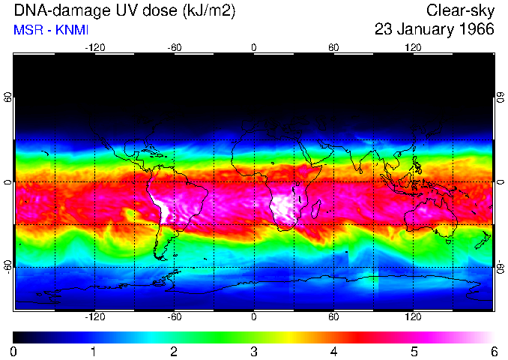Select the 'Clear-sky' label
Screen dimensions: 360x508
460,11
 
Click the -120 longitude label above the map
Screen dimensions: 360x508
94,47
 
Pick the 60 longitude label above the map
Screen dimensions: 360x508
333,47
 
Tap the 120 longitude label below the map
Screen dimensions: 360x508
413,317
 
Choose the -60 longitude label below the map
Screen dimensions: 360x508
174,317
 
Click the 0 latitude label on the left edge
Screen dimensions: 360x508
7,182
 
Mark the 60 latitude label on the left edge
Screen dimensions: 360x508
7,98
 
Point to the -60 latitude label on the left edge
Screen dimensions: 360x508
7,266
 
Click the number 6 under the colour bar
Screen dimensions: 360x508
493,351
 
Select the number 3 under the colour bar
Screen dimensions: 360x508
253,351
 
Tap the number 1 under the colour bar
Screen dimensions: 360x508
94,351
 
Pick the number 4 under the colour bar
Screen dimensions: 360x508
333,351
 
